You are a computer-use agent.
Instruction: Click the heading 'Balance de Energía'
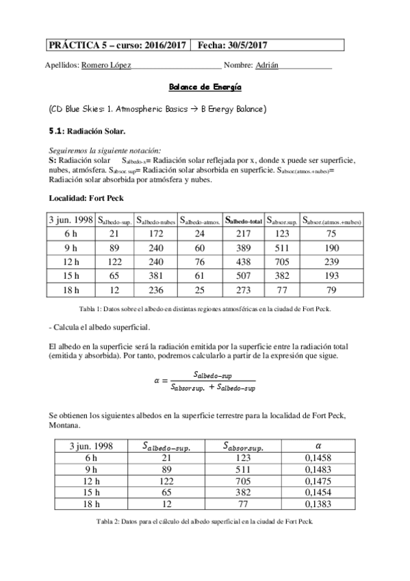[205, 88]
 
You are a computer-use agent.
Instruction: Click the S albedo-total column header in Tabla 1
[244, 221]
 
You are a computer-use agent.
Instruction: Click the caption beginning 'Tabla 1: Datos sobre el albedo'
[205, 309]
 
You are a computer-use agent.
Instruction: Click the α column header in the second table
[317, 446]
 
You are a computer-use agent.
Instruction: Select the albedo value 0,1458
[317, 459]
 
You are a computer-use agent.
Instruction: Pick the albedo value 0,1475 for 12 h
[317, 482]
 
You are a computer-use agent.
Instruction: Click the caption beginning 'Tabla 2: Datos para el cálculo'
[205, 521]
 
